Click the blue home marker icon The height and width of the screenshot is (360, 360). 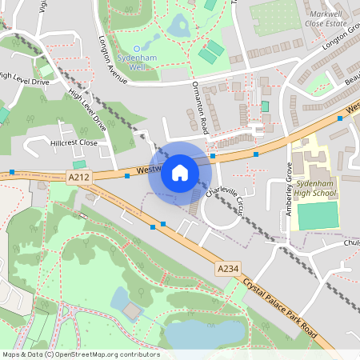pos(180,172)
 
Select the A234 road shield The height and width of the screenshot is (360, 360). pos(226,271)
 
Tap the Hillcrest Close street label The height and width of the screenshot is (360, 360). pos(73,142)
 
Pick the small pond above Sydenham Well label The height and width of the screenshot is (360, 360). pos(178,26)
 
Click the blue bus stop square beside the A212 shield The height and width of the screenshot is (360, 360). pos(127,174)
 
